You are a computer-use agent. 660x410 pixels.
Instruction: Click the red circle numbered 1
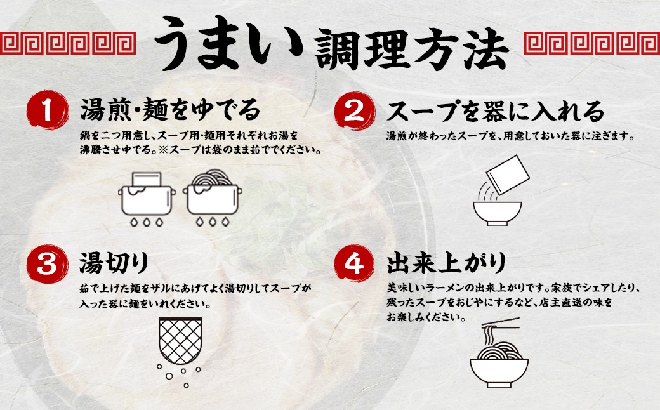pos(47,110)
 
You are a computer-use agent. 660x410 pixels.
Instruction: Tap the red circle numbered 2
pos(355,110)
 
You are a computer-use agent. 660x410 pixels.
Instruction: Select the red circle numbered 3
pos(47,264)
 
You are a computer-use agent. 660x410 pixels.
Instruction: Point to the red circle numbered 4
pos(355,264)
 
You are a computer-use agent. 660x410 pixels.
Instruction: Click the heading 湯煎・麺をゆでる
pos(170,110)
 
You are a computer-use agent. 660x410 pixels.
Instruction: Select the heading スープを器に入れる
pos(496,110)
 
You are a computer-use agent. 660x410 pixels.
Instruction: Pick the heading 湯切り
pos(114,263)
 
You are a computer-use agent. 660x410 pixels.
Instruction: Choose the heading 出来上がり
pos(447,263)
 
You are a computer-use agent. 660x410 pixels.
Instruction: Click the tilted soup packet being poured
pos(508,175)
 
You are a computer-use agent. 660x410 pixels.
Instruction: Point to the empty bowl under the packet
pos(497,213)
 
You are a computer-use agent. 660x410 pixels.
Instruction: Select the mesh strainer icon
pos(180,340)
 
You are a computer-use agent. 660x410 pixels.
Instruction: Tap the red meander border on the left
pos(68,43)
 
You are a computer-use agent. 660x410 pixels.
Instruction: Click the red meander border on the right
pos(592,43)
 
